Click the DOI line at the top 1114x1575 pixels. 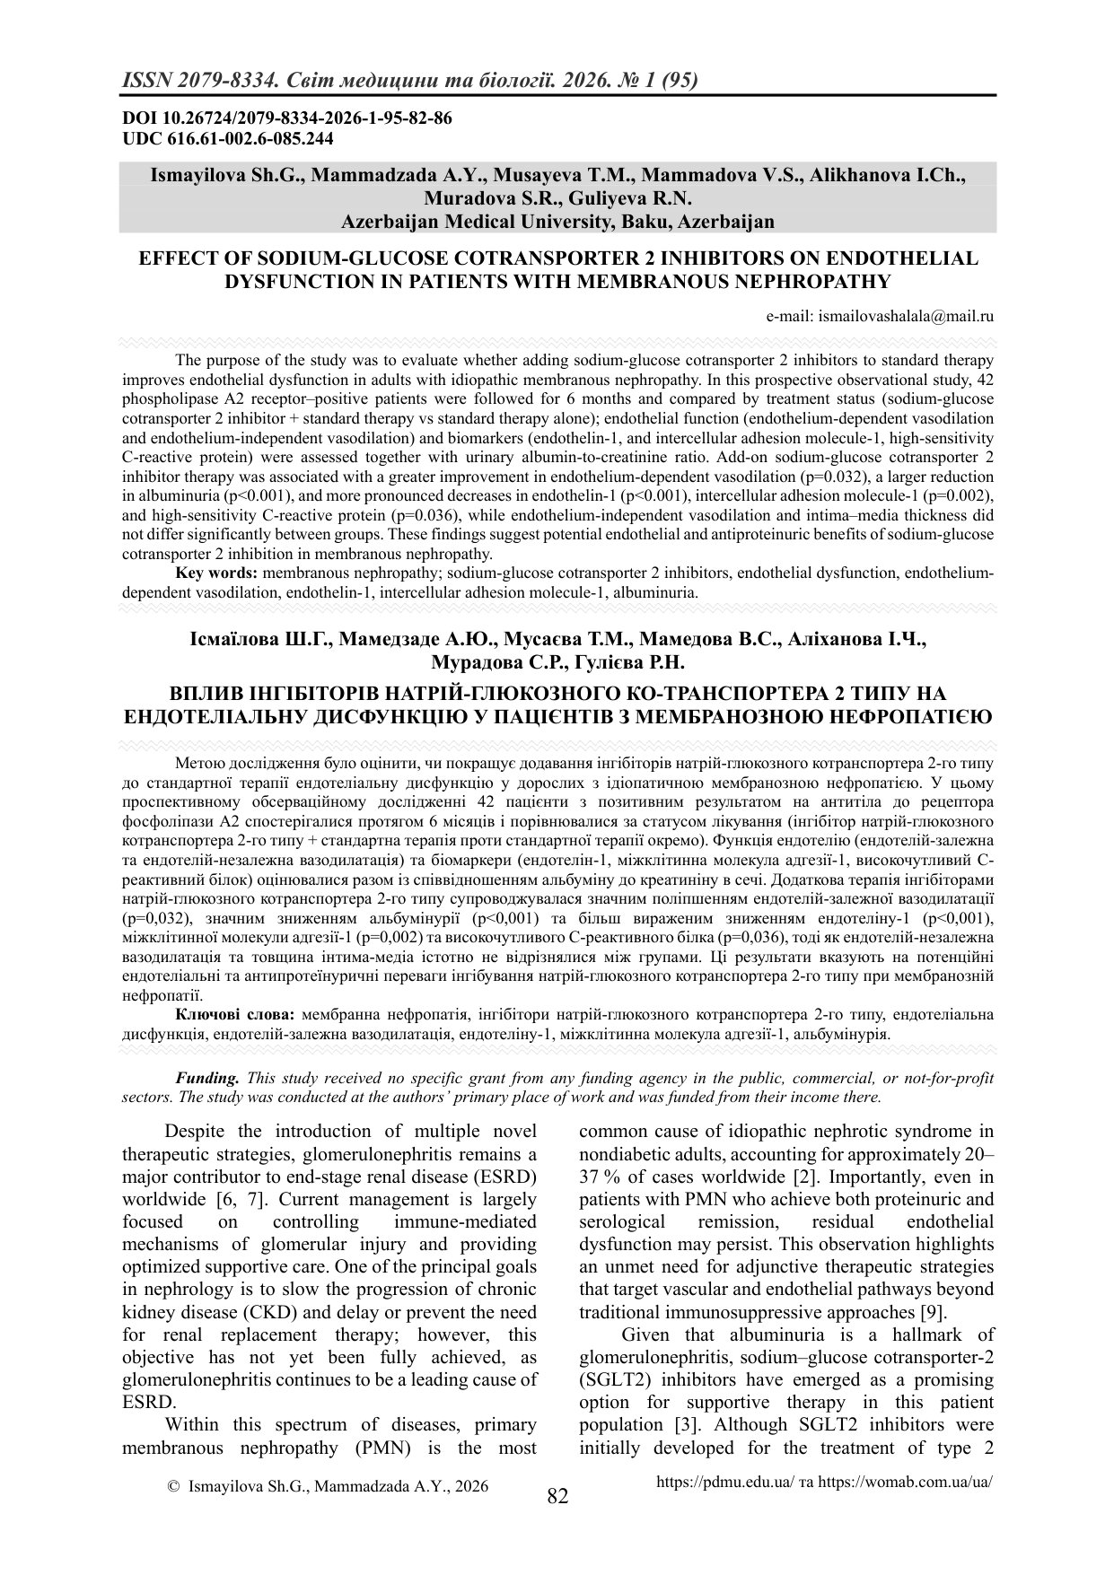[x=286, y=118]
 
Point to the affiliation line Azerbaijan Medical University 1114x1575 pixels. [x=557, y=221]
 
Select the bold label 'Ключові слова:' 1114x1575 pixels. [x=235, y=1014]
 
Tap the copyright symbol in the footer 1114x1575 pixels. [x=174, y=1486]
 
